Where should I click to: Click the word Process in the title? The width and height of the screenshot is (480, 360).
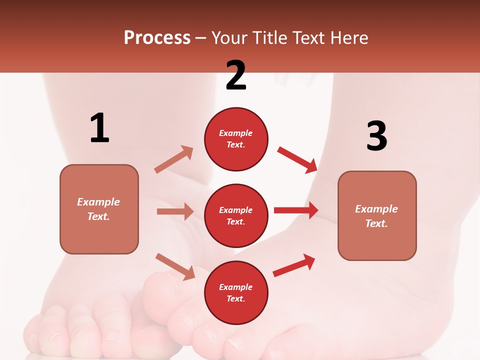pyautogui.click(x=157, y=38)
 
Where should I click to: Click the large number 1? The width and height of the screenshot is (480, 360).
pyautogui.click(x=99, y=128)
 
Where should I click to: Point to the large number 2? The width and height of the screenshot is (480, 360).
pyautogui.click(x=236, y=75)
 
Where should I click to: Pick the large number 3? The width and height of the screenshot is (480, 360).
pyautogui.click(x=376, y=136)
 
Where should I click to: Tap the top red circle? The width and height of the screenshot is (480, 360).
pyautogui.click(x=236, y=139)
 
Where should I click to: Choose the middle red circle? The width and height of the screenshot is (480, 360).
pyautogui.click(x=236, y=216)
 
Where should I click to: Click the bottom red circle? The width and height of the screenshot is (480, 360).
pyautogui.click(x=236, y=293)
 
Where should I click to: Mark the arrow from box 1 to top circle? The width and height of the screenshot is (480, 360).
pyautogui.click(x=174, y=159)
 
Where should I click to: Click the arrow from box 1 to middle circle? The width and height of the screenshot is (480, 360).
pyautogui.click(x=175, y=211)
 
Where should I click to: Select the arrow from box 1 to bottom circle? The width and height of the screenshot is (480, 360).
pyautogui.click(x=175, y=266)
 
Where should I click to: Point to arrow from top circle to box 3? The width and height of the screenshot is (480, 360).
pyautogui.click(x=297, y=159)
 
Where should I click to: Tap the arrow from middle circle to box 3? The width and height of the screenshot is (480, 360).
pyautogui.click(x=296, y=210)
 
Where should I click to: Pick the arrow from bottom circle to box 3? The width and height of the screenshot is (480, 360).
pyautogui.click(x=294, y=265)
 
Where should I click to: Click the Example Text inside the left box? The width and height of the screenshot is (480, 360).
pyautogui.click(x=98, y=209)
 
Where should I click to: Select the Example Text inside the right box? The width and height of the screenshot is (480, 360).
pyautogui.click(x=376, y=216)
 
